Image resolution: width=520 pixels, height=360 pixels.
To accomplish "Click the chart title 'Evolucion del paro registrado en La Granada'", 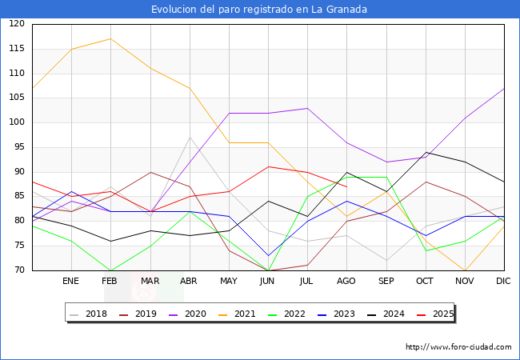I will pos(260,10).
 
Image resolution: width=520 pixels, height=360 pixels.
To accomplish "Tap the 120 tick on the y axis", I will pos(17,24).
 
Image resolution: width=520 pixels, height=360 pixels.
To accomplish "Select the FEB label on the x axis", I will pos(110,282).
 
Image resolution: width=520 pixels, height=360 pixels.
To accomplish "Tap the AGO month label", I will pos(346,282).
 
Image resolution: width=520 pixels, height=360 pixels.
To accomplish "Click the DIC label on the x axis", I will pos(504,282).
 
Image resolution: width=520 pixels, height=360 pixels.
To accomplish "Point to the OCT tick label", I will pos(425,282).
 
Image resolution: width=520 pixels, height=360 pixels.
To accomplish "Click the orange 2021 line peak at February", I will pos(110,38).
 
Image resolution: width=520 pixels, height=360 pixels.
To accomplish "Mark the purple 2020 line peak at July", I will pos(307,108).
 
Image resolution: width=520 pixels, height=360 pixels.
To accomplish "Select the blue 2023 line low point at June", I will pos(268,256).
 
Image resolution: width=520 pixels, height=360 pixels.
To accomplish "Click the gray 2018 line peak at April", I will pos(189,138).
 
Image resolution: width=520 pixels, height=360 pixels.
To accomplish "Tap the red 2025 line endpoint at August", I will pos(346,186).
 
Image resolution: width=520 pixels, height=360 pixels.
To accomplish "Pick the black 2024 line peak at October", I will pos(425,152).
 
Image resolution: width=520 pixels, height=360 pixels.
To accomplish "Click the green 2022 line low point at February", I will pos(110,270).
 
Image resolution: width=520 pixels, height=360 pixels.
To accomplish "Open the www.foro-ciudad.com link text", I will pos(458,347).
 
